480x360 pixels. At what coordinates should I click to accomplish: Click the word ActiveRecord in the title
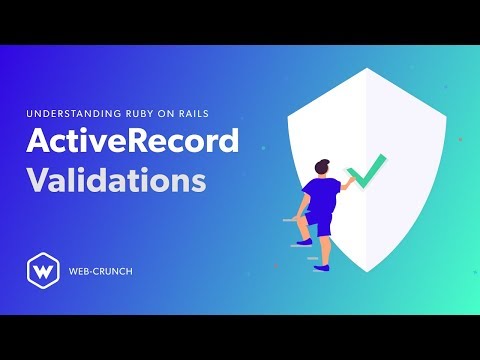[133, 143]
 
